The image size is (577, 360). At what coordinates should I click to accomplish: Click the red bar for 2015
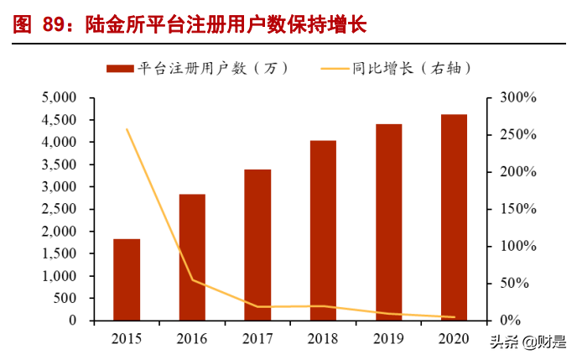(x=127, y=279)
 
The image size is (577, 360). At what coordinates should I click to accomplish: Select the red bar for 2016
(x=192, y=257)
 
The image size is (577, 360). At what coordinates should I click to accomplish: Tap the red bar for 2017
(x=257, y=244)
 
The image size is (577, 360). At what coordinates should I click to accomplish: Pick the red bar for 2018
(x=323, y=230)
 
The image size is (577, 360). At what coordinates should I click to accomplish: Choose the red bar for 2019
(x=388, y=222)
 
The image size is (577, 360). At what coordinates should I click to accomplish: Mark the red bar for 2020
(x=454, y=217)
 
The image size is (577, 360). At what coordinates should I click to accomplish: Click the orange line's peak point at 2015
(x=127, y=129)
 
